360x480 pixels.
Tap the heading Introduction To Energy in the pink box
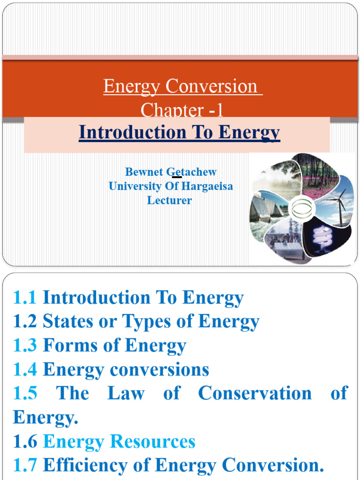tap(180, 133)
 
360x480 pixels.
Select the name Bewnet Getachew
tap(171, 172)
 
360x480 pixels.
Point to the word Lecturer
tap(170, 200)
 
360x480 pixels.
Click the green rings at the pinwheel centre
tap(301, 209)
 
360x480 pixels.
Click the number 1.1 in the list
tap(25, 298)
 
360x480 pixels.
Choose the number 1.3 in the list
tap(25, 346)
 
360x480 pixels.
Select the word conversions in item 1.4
tap(159, 370)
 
